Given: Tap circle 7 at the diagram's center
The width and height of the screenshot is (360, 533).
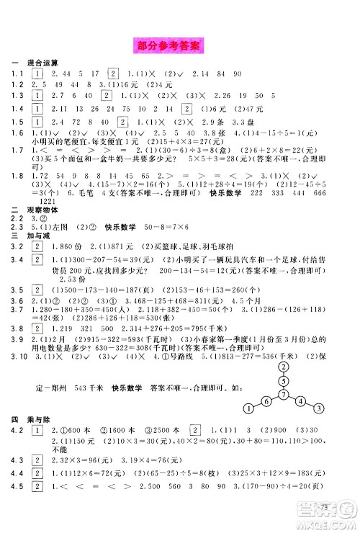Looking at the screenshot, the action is coord(284,395).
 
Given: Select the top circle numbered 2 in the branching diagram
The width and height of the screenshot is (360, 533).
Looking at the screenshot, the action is coord(284,365).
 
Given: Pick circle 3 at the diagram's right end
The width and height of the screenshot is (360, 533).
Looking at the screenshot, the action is coord(318,410).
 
